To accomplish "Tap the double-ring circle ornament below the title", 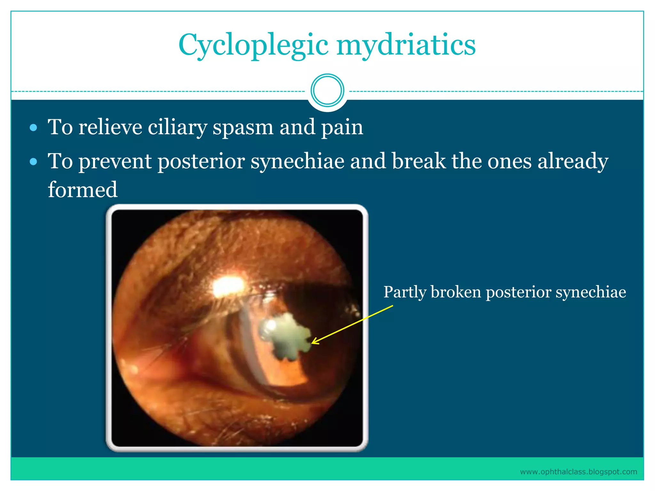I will pyautogui.click(x=327, y=90).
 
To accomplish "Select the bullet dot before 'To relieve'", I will pyautogui.click(x=33, y=128).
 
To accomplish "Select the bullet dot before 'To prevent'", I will pyautogui.click(x=33, y=162).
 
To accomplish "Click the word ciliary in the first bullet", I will pyautogui.click(x=178, y=127).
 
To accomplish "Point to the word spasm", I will pyautogui.click(x=243, y=128).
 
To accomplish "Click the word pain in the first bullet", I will pyautogui.click(x=342, y=128).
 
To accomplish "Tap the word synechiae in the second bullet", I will pyautogui.click(x=297, y=161).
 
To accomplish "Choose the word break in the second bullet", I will pyautogui.click(x=419, y=161).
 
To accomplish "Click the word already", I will pyautogui.click(x=573, y=162).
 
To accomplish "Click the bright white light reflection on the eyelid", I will pyautogui.click(x=228, y=285).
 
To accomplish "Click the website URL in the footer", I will pyautogui.click(x=578, y=472).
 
